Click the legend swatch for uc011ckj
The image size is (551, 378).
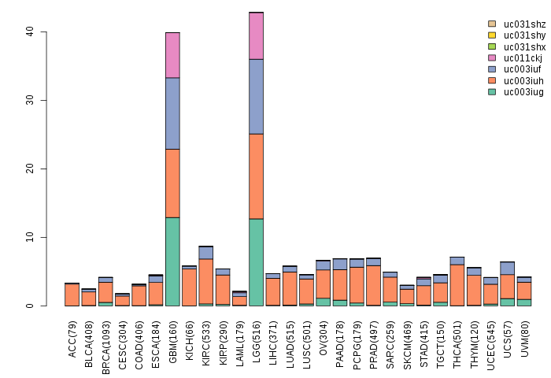pyautogui.click(x=492, y=58)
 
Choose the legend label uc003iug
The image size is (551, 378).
pyautogui.click(x=523, y=92)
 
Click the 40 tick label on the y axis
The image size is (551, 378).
pyautogui.click(x=28, y=32)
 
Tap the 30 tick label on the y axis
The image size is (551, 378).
pyautogui.click(x=28, y=101)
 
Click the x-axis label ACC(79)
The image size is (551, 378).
pyautogui.click(x=72, y=337)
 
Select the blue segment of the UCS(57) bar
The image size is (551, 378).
pyautogui.click(x=508, y=269)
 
